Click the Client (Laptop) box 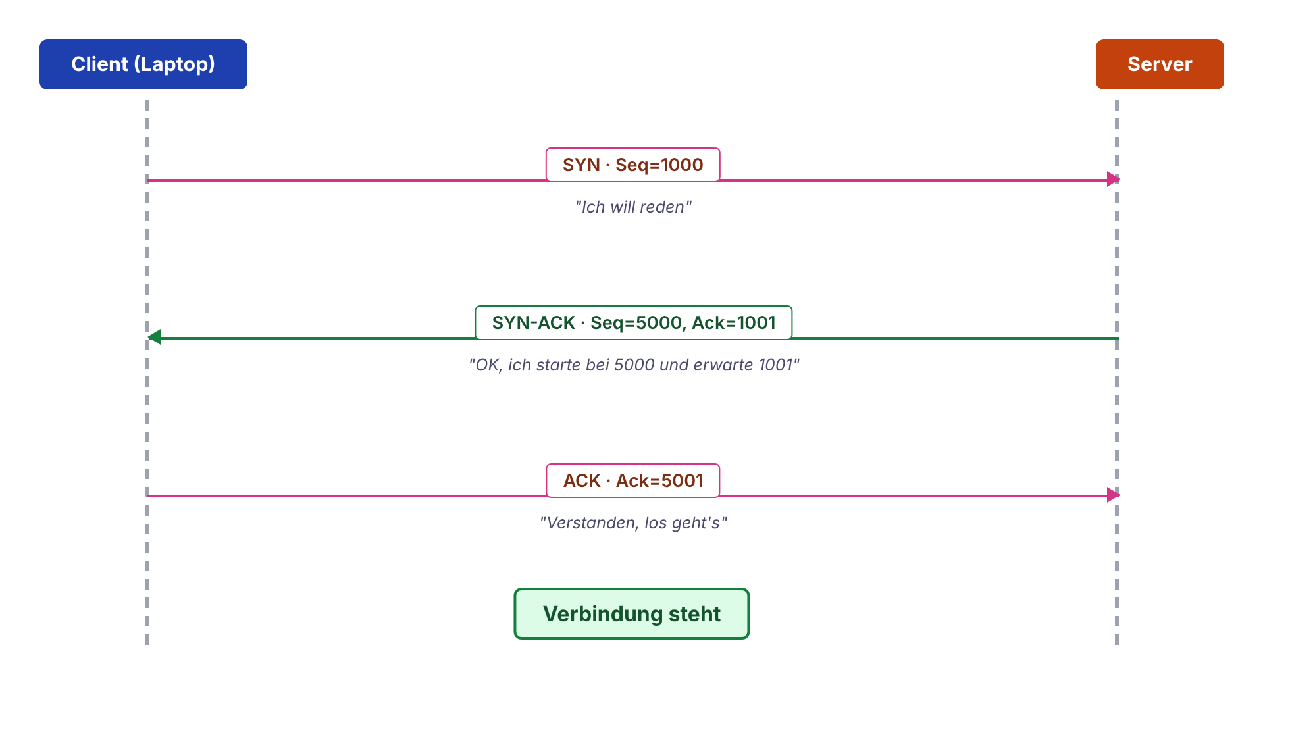tap(143, 64)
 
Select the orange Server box tap(1160, 64)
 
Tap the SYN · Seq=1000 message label tap(633, 165)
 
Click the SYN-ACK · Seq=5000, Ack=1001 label tap(634, 322)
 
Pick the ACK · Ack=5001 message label tap(633, 480)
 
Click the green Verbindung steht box tap(632, 613)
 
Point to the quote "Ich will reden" tap(633, 207)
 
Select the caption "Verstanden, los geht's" tap(633, 522)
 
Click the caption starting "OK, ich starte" tap(634, 365)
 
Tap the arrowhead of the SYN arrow tap(1113, 179)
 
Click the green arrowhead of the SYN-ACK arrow tap(154, 338)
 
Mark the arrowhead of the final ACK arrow tap(1113, 495)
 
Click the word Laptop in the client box tap(174, 64)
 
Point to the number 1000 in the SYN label tap(681, 165)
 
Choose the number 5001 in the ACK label tap(681, 480)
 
